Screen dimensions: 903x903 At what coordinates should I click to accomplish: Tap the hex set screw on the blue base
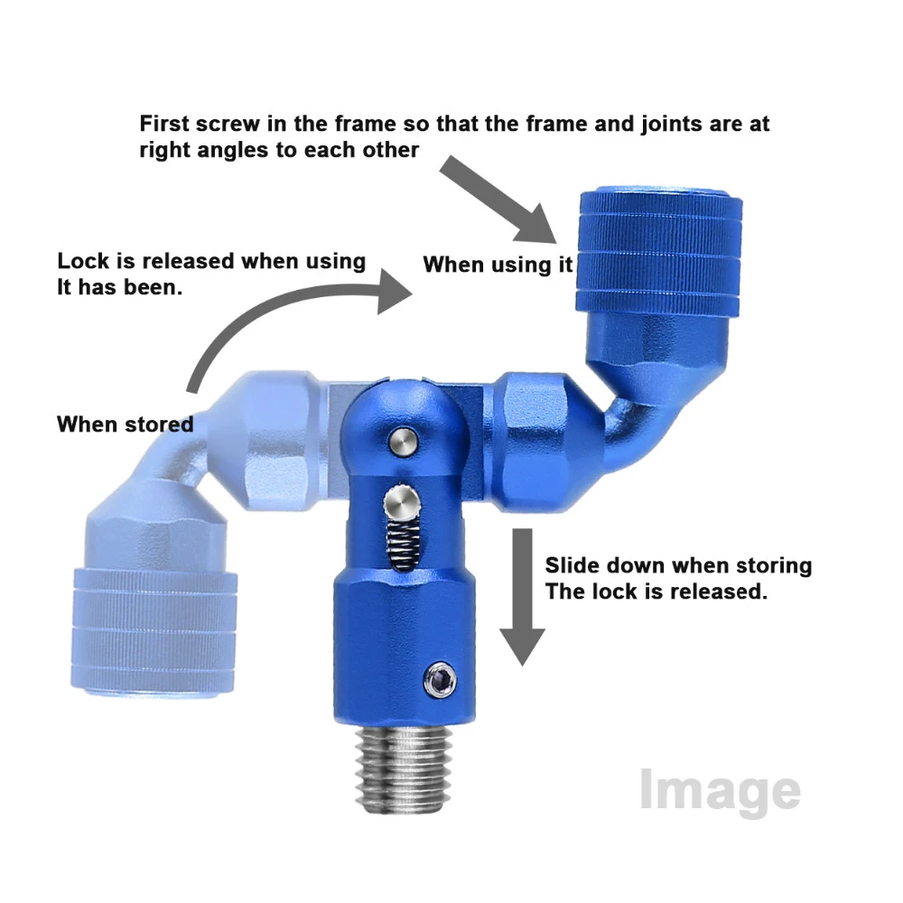pos(441,680)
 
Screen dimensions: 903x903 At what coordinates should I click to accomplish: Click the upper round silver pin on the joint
pos(403,442)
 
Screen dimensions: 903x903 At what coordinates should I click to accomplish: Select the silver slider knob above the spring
pos(403,502)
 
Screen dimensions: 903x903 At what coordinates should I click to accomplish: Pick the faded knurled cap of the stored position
pos(154,632)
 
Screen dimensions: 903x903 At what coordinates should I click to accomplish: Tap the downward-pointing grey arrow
pos(522,597)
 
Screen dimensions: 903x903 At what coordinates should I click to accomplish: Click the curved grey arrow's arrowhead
pos(395,292)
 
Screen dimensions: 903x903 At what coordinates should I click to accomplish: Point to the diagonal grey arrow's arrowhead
pos(536,225)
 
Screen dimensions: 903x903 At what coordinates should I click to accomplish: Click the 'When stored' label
pos(125,424)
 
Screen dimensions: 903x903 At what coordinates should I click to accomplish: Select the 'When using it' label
pos(498,265)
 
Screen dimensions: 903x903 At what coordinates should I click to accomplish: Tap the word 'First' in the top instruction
pos(164,124)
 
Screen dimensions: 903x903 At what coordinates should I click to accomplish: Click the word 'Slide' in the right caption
pos(572,565)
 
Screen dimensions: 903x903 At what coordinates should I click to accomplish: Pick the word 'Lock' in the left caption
pos(83,261)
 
